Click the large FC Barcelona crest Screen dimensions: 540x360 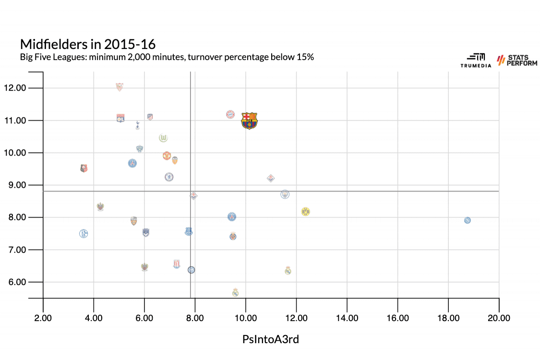coord(249,120)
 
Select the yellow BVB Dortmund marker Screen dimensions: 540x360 coord(305,212)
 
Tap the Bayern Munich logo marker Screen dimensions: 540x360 coord(230,114)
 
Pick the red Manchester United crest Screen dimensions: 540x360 coord(167,156)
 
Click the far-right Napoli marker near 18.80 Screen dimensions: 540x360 coord(468,220)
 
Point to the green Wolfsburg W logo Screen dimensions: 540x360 coord(163,138)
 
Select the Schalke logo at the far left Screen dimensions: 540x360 coord(84,234)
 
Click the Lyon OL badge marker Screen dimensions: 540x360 coord(120,119)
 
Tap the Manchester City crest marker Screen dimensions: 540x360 coord(285,194)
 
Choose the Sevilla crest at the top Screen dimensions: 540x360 coord(119,87)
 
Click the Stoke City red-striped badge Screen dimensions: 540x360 coord(176,264)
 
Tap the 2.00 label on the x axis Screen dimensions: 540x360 coord(43,318)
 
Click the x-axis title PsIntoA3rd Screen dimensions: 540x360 coord(271,339)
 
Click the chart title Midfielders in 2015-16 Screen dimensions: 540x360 coord(88,44)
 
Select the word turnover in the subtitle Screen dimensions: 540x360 coord(203,57)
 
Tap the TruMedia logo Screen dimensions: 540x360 coord(476,60)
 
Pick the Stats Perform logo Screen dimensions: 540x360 coord(517,60)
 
